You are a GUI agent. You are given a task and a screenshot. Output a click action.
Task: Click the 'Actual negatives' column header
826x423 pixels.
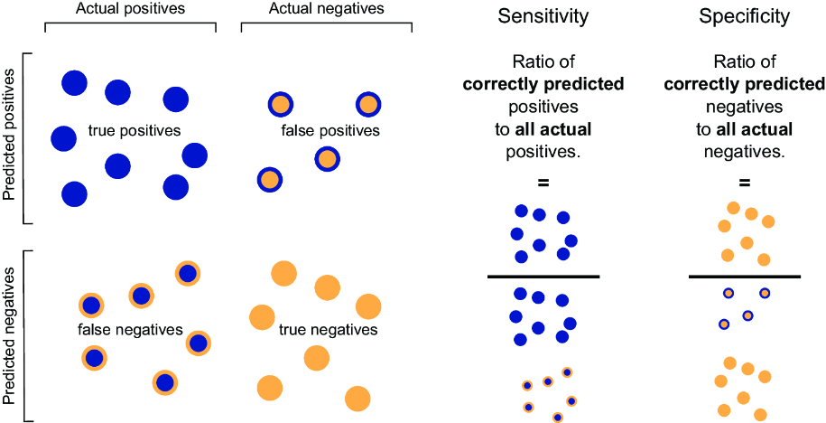tap(326, 9)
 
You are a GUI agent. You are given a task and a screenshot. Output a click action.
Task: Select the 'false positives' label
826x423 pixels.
tap(331, 130)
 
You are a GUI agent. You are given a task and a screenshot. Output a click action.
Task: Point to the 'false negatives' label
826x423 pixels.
tap(130, 330)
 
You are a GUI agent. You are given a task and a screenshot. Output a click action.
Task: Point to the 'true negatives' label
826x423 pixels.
tap(328, 330)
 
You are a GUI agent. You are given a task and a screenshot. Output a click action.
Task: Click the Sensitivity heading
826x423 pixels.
tap(543, 17)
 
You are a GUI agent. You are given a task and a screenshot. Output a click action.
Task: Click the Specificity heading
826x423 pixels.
tap(745, 17)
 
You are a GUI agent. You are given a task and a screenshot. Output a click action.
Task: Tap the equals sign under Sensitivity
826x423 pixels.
tap(543, 183)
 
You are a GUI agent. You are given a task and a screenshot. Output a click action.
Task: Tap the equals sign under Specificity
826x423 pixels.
tap(745, 183)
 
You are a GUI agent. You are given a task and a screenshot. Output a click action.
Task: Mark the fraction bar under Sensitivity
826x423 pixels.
tap(543, 276)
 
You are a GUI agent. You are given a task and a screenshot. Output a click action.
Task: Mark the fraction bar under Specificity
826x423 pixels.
tap(745, 276)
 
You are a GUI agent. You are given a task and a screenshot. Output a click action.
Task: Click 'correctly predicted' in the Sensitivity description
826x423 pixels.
tap(543, 85)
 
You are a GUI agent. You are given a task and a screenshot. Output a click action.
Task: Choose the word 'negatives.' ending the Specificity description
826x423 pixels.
tap(745, 152)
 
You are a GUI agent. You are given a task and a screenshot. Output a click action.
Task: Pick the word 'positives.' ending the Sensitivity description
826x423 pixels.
tap(543, 152)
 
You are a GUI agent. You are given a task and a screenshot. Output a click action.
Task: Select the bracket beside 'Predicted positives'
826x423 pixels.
tap(26, 138)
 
